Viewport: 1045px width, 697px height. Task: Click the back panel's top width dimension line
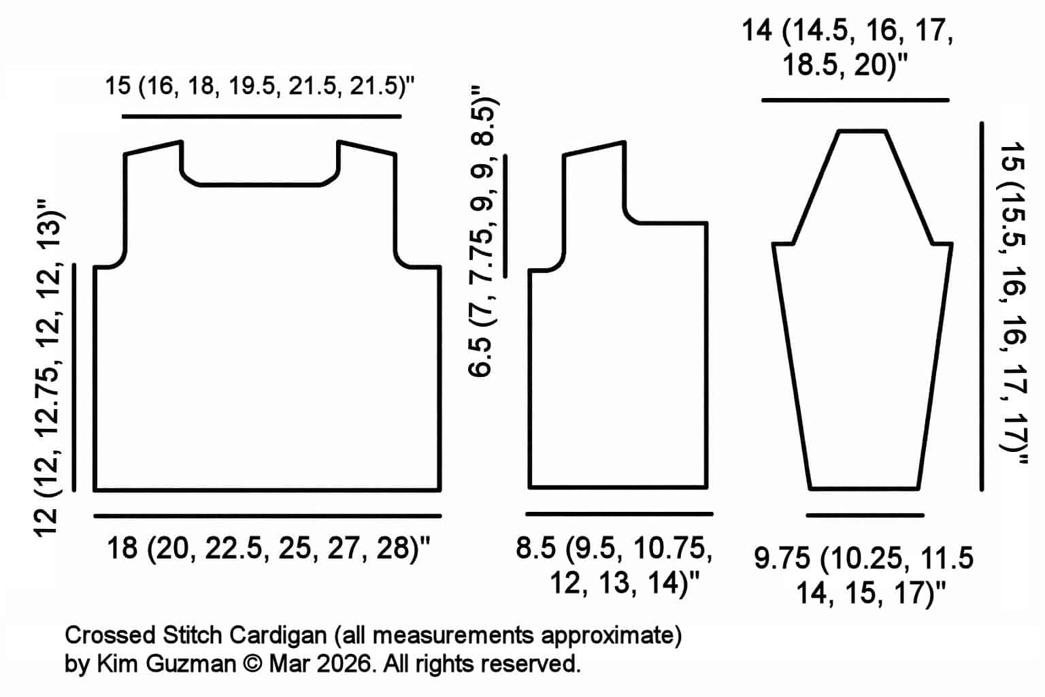(x=261, y=117)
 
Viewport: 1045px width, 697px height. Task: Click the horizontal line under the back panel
(x=267, y=516)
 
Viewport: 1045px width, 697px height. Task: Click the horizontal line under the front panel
(x=619, y=514)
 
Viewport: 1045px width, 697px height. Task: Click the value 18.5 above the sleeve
(x=810, y=67)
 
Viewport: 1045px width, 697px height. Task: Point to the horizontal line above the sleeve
(x=855, y=100)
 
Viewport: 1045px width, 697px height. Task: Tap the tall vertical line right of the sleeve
(x=982, y=306)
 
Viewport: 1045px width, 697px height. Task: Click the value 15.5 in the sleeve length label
(x=1012, y=224)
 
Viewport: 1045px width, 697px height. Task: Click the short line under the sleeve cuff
(x=865, y=515)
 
